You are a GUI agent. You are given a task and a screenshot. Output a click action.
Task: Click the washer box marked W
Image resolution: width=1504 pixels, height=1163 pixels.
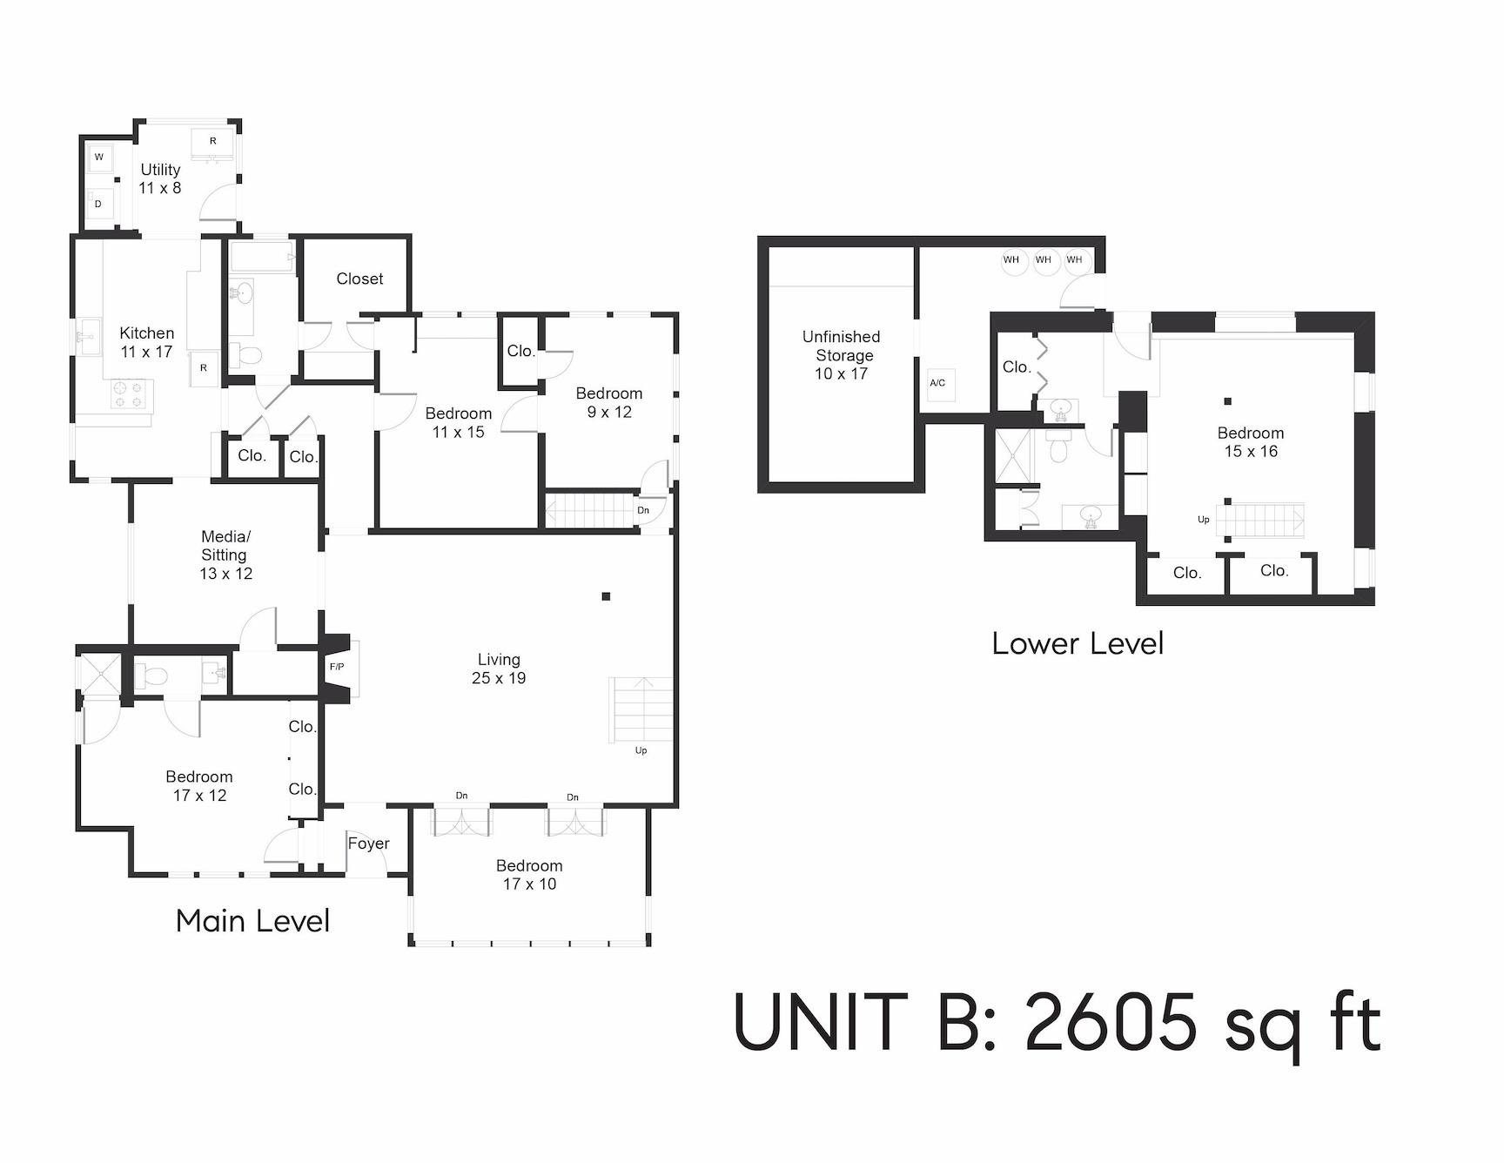tap(99, 158)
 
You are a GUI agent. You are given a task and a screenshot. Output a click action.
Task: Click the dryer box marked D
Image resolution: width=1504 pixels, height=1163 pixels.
tap(98, 205)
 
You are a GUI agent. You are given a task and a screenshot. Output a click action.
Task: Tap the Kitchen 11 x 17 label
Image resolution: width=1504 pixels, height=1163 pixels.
tap(146, 342)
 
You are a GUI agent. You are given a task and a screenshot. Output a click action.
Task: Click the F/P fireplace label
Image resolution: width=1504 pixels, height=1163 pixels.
tap(337, 667)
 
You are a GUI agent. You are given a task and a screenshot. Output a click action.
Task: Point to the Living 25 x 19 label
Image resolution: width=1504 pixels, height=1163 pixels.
tap(499, 669)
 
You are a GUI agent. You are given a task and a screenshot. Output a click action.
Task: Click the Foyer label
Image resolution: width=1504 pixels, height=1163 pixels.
tap(368, 844)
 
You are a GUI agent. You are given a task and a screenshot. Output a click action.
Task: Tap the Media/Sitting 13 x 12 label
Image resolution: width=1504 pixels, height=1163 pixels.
tap(225, 555)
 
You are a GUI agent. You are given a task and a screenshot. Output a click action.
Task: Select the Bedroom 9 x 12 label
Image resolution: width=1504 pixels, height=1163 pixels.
tap(608, 402)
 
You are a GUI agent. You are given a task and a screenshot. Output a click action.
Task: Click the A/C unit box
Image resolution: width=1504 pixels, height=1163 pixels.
tap(938, 383)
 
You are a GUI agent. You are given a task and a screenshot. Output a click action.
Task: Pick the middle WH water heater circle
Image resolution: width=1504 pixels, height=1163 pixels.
tap(1043, 260)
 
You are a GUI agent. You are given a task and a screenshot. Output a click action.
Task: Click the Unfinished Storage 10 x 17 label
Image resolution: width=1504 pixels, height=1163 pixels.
tap(841, 355)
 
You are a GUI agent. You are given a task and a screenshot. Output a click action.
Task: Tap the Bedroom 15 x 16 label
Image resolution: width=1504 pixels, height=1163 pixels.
tap(1250, 442)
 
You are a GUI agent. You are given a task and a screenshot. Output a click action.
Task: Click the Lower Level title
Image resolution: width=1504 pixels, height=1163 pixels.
tap(1078, 644)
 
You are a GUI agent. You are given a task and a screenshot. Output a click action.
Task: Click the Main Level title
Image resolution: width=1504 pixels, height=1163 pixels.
tap(252, 921)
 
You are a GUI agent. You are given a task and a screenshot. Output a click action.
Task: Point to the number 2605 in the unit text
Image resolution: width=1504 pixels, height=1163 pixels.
tap(1111, 1023)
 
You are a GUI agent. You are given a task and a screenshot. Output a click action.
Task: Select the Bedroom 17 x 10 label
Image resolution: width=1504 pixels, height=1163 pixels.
tap(529, 875)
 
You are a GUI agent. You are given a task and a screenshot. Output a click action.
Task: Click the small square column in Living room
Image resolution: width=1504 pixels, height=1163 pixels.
tap(606, 596)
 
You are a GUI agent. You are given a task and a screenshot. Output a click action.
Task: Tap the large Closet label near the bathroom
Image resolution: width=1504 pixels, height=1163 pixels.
tap(359, 279)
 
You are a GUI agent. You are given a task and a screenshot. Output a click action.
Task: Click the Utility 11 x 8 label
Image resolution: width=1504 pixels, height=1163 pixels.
tap(160, 178)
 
